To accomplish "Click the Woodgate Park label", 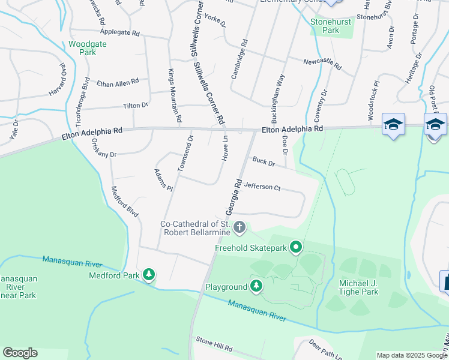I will click(x=83, y=48).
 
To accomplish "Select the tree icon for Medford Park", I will click(x=149, y=275).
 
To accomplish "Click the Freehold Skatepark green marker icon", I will click(x=295, y=247).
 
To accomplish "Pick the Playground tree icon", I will click(x=256, y=286).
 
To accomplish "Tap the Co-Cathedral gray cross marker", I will click(x=240, y=227).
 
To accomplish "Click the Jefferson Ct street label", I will click(x=262, y=187).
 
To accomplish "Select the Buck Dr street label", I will click(x=264, y=161).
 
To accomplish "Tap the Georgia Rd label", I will click(x=234, y=197).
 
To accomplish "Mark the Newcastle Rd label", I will click(x=322, y=63).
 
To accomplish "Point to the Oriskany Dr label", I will click(x=104, y=148).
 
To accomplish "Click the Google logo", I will click(x=20, y=353).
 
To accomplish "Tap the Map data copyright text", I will click(x=412, y=355).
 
